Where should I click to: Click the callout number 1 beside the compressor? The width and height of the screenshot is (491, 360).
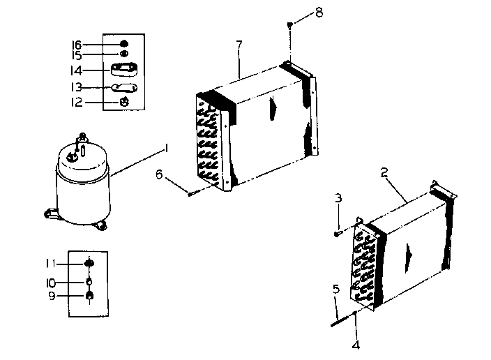tap(167, 147)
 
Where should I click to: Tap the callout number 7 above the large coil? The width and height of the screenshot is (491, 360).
tap(239, 45)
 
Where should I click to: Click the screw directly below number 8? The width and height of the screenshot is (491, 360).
tap(289, 26)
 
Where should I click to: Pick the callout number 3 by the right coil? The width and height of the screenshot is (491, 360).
tap(338, 199)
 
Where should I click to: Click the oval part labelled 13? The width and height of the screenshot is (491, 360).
tap(125, 87)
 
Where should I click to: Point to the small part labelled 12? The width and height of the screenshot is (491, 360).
tap(124, 102)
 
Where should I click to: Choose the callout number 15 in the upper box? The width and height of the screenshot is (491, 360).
tap(76, 54)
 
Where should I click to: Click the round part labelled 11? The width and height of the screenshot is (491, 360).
tap(89, 263)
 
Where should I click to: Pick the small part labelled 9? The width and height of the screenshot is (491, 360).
tap(89, 297)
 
